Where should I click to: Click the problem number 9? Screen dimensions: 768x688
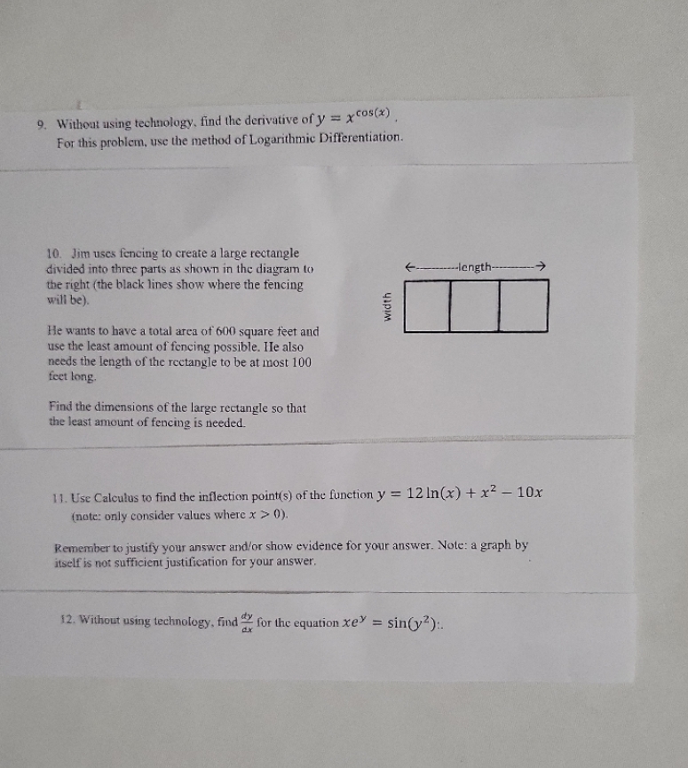41,126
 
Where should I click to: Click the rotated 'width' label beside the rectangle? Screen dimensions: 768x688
386,306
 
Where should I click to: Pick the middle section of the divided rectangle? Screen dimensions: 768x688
475,305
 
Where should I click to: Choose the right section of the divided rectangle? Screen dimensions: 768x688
523,305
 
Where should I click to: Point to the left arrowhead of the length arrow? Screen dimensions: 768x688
407,266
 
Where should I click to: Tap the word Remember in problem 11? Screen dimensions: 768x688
82,546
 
